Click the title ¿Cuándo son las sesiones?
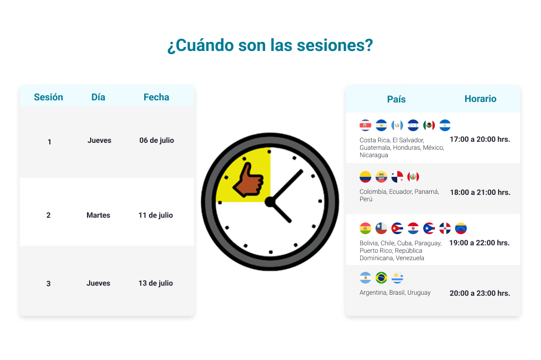(x=270, y=45)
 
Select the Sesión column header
(x=48, y=97)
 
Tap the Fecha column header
(x=156, y=97)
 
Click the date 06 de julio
(x=156, y=140)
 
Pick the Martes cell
(x=98, y=215)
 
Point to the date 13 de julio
(x=155, y=284)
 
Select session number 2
(x=48, y=215)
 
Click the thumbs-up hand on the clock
(x=248, y=181)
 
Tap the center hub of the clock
(x=270, y=202)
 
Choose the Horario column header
(x=481, y=99)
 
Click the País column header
(x=396, y=99)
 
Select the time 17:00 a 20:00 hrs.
(x=480, y=139)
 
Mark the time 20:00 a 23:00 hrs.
(x=480, y=293)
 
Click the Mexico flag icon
(x=429, y=125)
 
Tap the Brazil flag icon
(x=381, y=278)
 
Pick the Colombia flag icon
(x=365, y=177)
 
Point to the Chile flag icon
(x=381, y=228)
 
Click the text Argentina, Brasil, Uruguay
(x=395, y=293)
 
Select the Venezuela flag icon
(x=461, y=228)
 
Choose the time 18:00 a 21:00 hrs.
(x=481, y=192)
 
